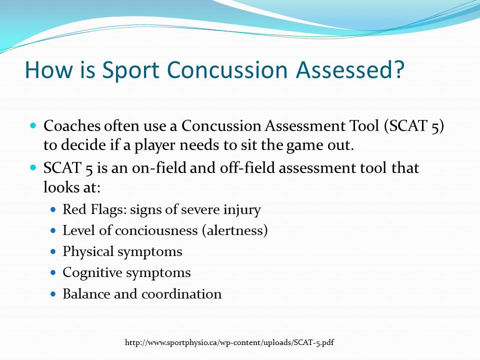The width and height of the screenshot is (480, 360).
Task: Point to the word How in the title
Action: click(x=46, y=69)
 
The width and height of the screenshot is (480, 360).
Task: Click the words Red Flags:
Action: click(x=94, y=209)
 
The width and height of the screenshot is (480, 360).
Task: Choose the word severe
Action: click(x=204, y=209)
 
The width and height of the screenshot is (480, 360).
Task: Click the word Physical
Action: click(x=88, y=251)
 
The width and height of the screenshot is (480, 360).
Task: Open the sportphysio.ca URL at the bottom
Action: click(x=229, y=342)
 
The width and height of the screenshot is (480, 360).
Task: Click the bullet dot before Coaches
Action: click(x=34, y=125)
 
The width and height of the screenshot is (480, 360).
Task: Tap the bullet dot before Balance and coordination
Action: click(x=54, y=294)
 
